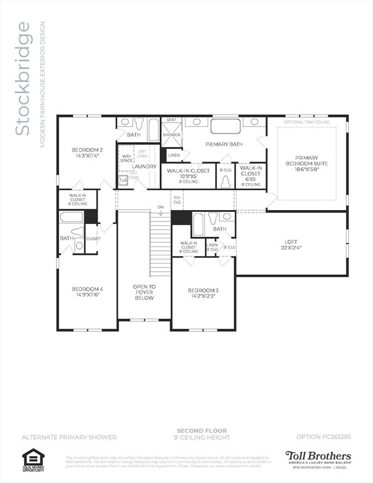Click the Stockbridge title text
pos(23,79)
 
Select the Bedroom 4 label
pos(87,292)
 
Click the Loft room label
pos(292,244)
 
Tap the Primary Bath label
pos(224,144)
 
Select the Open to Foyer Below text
pos(143,292)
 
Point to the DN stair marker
pos(161,207)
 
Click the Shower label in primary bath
pos(171,135)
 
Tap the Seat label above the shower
pos(170,119)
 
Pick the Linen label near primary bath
pos(174,155)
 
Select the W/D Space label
pos(126,158)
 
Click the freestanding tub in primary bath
pos(225,126)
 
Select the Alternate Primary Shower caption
pos(59,436)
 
